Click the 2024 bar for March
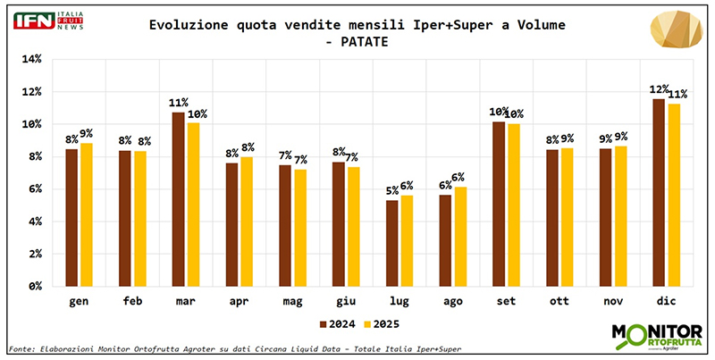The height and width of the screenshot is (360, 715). tap(179, 199)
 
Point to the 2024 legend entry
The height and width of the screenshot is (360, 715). tap(334, 322)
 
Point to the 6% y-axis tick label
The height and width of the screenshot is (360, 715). tap(34, 188)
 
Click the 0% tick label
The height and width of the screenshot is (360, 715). tap(34, 286)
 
